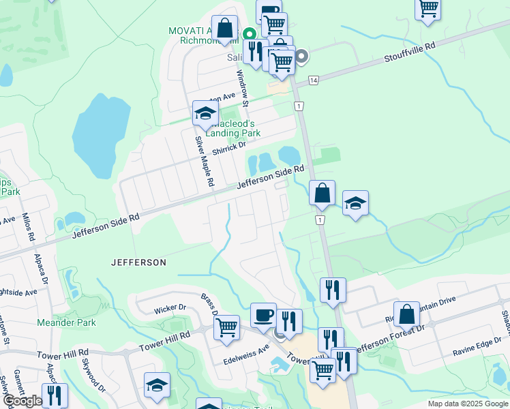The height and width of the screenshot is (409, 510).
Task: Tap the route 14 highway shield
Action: coord(313,80)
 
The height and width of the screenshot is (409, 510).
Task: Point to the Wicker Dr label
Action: coord(170,307)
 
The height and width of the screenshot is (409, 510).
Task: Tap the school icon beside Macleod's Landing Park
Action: coord(205,114)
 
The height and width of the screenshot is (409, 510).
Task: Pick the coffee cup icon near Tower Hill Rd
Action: coord(263,314)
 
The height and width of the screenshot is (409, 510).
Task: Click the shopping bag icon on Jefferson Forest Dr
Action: coord(406,314)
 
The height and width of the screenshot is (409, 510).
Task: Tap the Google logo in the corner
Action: coord(22,401)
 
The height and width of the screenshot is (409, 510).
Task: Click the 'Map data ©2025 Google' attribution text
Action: coord(468,404)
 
